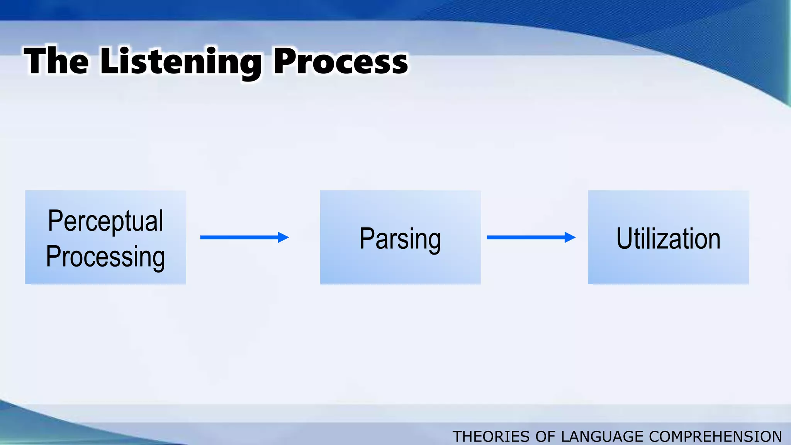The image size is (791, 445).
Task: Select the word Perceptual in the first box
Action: (105, 221)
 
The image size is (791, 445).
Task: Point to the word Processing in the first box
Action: (105, 256)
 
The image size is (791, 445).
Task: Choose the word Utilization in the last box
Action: (668, 238)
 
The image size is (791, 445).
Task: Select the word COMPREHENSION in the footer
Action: (715, 437)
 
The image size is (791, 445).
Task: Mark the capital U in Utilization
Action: (624, 238)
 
